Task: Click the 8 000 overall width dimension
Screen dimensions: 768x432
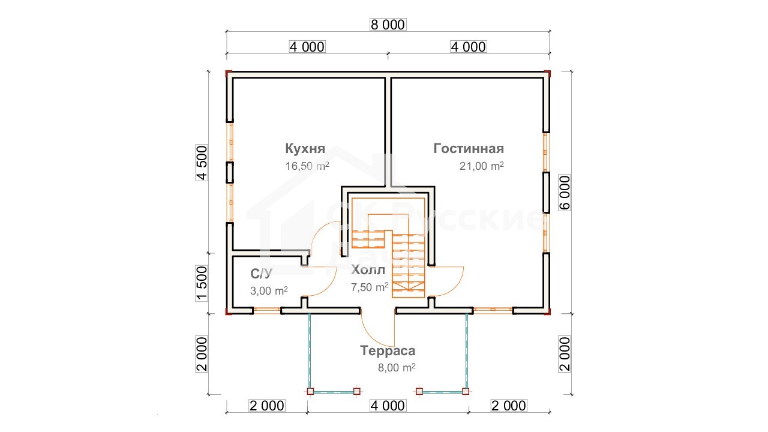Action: (x=388, y=25)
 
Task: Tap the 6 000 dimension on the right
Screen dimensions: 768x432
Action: (x=565, y=193)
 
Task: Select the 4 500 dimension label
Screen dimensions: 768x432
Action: (x=202, y=163)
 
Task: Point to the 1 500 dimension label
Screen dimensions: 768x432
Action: (x=202, y=283)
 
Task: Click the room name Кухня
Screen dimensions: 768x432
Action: (x=305, y=148)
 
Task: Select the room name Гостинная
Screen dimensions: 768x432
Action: (x=469, y=148)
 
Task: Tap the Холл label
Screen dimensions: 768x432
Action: (x=368, y=270)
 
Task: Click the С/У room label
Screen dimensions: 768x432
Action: (x=261, y=273)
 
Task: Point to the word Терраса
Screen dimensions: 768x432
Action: (x=388, y=350)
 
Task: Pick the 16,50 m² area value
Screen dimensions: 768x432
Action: (x=307, y=166)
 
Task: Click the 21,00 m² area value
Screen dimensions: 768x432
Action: (x=482, y=166)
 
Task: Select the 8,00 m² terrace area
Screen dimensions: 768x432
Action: (x=397, y=368)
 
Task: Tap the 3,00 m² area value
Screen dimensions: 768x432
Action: (x=269, y=291)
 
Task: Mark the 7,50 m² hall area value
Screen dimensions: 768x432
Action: (x=370, y=287)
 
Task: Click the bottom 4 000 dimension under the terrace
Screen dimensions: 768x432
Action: (x=388, y=406)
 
